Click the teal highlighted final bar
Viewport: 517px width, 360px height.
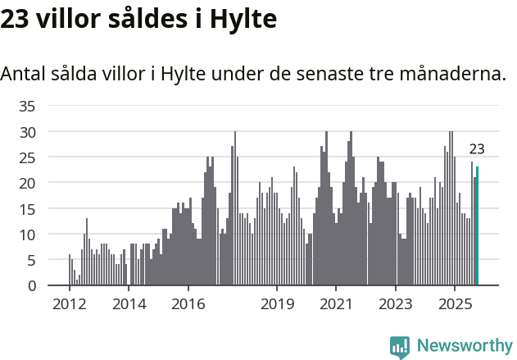point(478,226)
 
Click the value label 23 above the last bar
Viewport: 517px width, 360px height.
point(477,149)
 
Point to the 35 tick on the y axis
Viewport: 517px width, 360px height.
point(27,106)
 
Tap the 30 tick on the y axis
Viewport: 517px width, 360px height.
point(27,131)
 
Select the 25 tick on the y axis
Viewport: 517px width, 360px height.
point(27,157)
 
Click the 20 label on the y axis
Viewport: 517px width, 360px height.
point(27,183)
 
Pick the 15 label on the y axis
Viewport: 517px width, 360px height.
point(27,208)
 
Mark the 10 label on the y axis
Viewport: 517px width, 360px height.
point(27,235)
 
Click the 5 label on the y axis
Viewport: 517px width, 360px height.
point(31,260)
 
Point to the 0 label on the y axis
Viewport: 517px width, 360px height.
point(31,285)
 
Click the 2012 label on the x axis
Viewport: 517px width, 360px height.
point(69,304)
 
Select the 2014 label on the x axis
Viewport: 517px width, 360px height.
point(129,304)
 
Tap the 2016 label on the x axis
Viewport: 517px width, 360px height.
point(188,304)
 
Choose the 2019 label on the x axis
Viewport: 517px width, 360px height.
point(278,304)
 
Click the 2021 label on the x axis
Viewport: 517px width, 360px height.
point(337,304)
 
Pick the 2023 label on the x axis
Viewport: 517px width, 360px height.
point(397,304)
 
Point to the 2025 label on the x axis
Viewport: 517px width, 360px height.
point(456,304)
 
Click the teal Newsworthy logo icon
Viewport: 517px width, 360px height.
point(400,347)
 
